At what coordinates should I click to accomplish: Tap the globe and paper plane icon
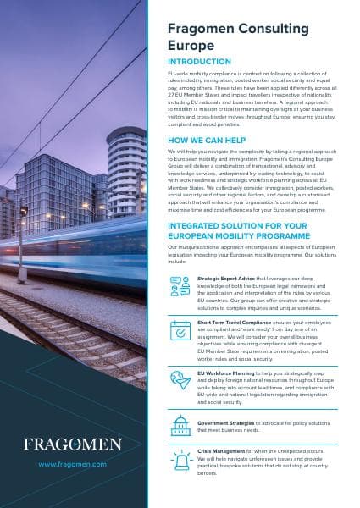180,378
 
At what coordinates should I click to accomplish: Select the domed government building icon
180,423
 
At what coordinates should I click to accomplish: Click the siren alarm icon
180,458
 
